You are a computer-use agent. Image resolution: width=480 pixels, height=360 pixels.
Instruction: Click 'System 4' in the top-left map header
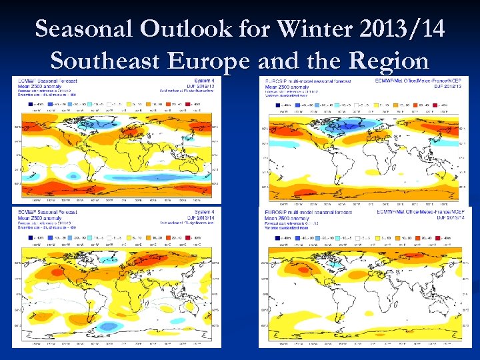[x=205, y=80]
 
